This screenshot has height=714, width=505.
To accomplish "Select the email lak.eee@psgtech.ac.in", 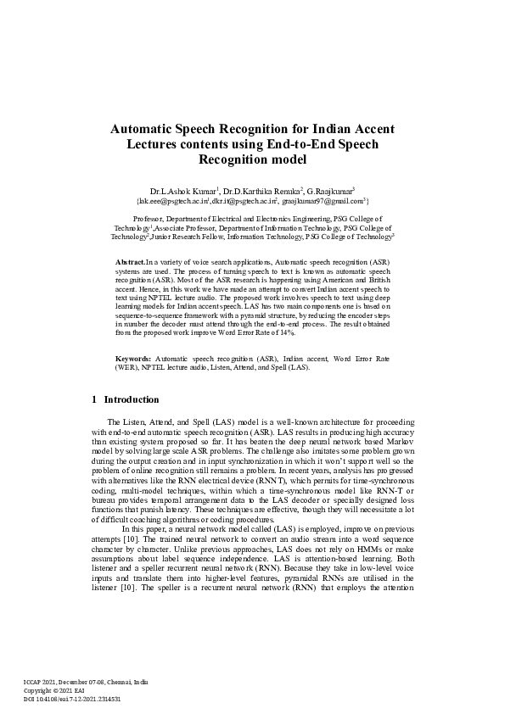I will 171,201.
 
